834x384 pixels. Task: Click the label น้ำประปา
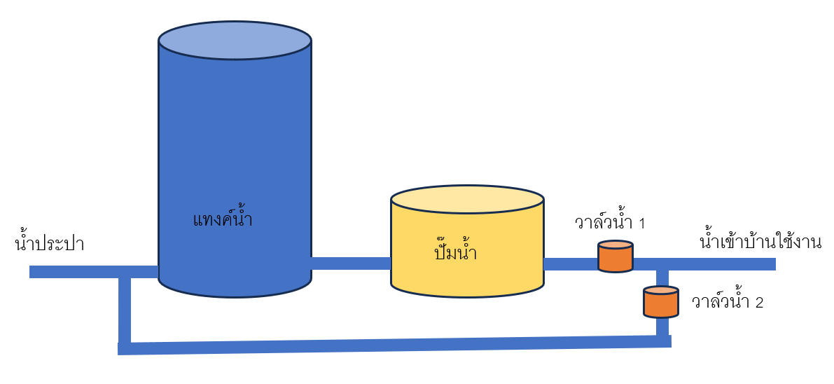[49, 244]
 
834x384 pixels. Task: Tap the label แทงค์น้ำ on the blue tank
[222, 220]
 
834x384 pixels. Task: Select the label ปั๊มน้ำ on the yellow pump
[455, 252]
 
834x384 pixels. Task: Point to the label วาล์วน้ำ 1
[609, 223]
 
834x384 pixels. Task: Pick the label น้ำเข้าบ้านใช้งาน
[760, 242]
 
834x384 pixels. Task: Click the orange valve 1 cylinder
[616, 258]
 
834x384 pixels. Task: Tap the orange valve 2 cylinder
[661, 303]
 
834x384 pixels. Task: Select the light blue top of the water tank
[235, 40]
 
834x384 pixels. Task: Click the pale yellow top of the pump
[467, 199]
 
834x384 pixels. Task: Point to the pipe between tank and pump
[350, 263]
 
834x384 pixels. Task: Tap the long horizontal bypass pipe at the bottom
[392, 345]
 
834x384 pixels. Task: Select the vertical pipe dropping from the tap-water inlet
[125, 308]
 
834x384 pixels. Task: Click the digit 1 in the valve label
[641, 224]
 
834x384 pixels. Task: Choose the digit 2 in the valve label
[758, 303]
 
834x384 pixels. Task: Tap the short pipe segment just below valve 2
[662, 326]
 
